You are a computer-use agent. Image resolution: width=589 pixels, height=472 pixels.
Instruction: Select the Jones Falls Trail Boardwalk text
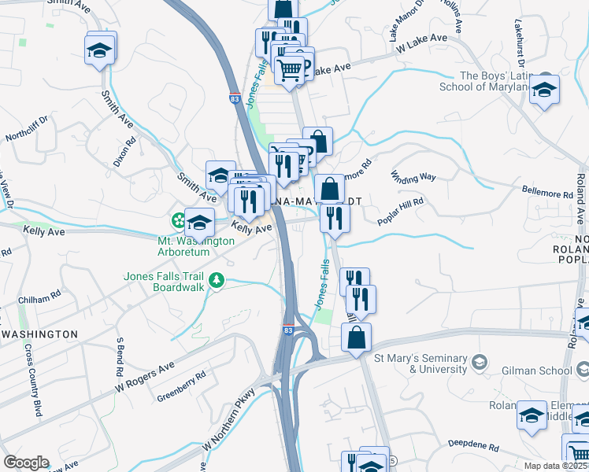coord(164,281)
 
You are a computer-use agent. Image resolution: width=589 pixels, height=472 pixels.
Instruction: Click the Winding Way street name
coord(414,177)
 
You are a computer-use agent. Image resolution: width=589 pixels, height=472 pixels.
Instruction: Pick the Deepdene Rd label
coord(475,444)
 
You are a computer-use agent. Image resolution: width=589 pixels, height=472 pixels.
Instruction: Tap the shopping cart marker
coord(290,69)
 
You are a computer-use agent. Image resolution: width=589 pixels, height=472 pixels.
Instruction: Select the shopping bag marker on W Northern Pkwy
coord(357,337)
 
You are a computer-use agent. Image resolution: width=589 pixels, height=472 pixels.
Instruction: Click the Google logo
coord(26,463)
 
